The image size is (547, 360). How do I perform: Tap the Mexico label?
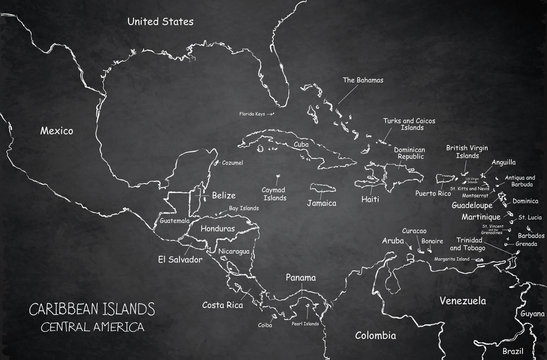pyautogui.click(x=60, y=130)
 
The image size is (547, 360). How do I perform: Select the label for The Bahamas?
pyautogui.click(x=362, y=80)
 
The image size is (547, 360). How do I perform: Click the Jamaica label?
pyautogui.click(x=321, y=202)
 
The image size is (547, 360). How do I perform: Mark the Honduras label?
pyautogui.click(x=218, y=228)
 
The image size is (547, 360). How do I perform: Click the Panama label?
pyautogui.click(x=299, y=277)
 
